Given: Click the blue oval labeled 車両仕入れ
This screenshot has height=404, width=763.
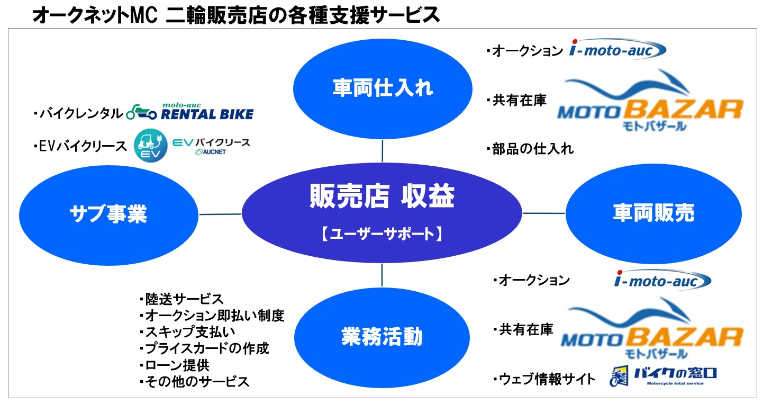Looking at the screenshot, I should tap(383, 88).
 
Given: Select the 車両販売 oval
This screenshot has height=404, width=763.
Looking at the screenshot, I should tap(653, 213).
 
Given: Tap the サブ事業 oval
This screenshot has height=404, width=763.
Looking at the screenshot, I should tap(108, 214).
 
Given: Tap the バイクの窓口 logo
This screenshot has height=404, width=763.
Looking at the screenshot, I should tap(664, 377).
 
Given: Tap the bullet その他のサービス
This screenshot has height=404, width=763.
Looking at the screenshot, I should tap(194, 382).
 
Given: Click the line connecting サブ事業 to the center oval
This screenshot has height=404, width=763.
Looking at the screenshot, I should tap(220, 214).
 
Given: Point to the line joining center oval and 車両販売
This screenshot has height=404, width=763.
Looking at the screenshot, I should tap(544, 213).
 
